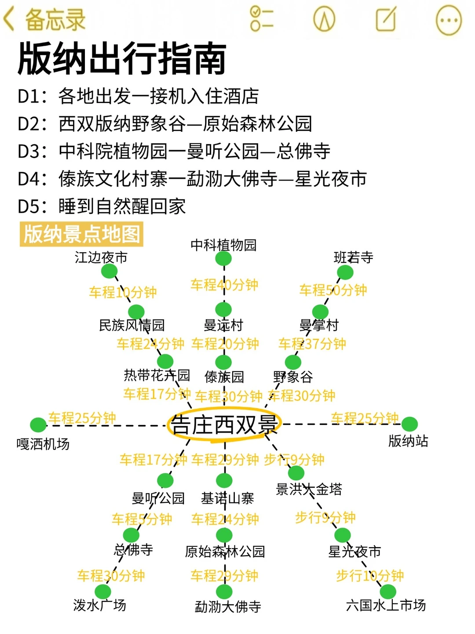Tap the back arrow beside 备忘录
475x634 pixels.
coord(9,20)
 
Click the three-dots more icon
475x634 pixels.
coord(448,20)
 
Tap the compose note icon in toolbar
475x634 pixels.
coord(386,19)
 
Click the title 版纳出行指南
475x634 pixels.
coord(122,58)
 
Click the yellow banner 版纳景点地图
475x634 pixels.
coord(82,234)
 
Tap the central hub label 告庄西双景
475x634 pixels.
coord(224,425)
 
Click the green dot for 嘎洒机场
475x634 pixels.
coord(38,425)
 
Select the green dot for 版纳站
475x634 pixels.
coord(409,424)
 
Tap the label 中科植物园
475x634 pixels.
coord(223,245)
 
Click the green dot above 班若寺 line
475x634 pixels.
coord(345,273)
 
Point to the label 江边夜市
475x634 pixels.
coord(101,257)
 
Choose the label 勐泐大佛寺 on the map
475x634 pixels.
coord(228,607)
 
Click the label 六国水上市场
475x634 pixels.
coord(386,605)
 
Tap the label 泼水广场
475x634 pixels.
coord(100,605)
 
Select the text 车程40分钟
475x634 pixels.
coord(224,285)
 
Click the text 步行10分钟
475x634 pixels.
coord(370,575)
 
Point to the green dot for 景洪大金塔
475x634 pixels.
coord(296,473)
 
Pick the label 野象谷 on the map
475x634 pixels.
coord(293,377)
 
